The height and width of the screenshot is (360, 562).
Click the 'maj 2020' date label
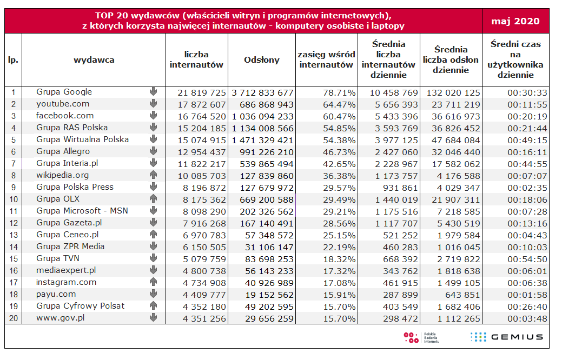point(515,21)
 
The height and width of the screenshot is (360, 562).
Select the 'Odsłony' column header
point(262,60)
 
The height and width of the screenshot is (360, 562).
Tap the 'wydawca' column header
point(94,60)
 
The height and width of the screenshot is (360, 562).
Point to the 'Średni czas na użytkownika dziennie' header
point(515,59)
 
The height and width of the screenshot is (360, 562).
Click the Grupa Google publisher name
point(64,92)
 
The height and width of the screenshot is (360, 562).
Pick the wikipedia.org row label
point(62,175)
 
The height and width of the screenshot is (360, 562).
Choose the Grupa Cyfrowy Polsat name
point(80,306)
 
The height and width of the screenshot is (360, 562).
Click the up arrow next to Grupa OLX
point(154,198)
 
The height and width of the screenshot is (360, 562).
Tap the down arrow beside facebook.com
point(154,115)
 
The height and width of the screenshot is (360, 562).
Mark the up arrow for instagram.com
point(154,282)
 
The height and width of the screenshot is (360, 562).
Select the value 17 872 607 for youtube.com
point(202,105)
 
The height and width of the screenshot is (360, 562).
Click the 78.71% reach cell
point(339,93)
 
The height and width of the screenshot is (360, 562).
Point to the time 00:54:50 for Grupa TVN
point(527,259)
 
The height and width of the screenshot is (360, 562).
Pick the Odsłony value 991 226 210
point(267,152)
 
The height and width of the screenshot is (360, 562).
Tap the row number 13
point(14,235)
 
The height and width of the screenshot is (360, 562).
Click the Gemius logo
point(506,337)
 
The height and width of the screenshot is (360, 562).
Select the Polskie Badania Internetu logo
point(421,337)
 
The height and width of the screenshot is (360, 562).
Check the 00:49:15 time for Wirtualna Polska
point(527,141)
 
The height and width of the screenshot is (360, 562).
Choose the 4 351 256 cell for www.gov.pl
point(204,318)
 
